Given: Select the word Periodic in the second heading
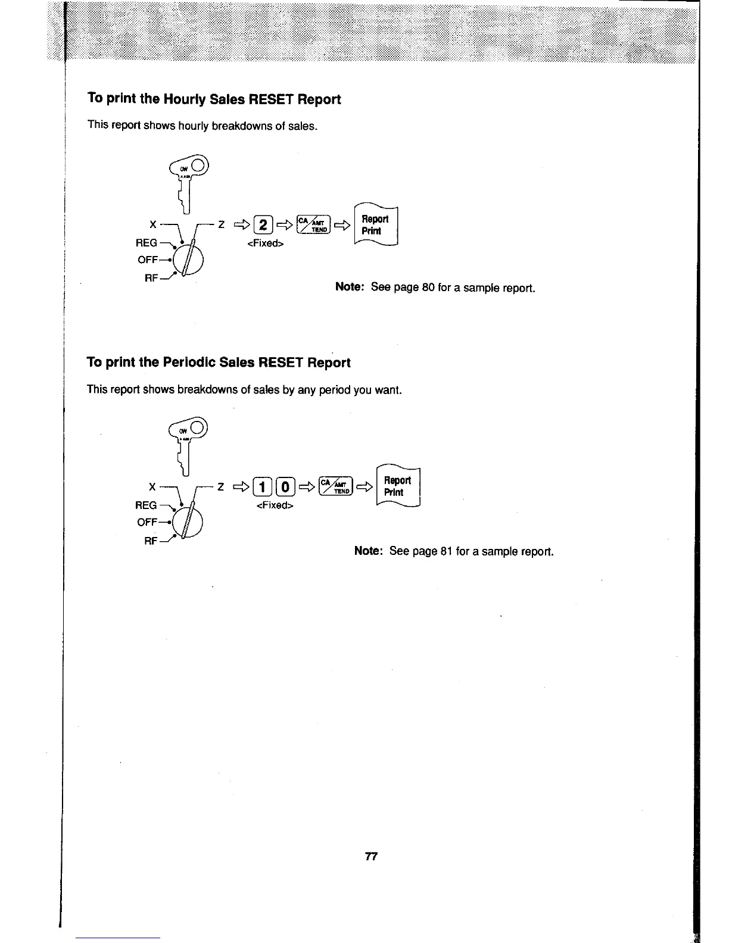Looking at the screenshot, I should click(x=181, y=363).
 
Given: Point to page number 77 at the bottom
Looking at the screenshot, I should click(x=371, y=857).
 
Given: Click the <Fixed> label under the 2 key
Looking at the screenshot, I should click(x=265, y=243).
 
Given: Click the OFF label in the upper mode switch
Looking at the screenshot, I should click(x=148, y=260).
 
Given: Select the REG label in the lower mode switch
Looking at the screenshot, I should click(x=147, y=505).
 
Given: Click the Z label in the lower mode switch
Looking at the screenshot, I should click(x=220, y=487).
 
